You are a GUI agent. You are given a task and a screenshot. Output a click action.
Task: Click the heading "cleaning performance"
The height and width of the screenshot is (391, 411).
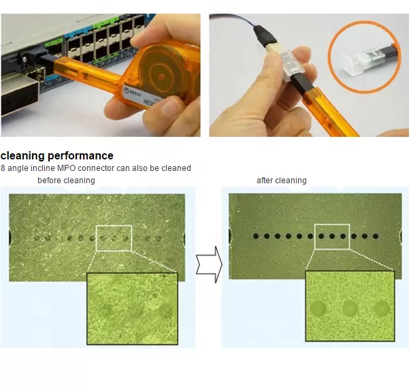click(57, 156)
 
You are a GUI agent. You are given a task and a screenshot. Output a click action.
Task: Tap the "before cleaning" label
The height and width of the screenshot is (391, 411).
click(66, 181)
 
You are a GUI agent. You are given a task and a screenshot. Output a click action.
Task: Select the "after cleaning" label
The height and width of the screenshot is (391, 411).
click(281, 181)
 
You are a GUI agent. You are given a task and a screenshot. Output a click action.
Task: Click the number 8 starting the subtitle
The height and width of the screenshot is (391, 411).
click(3, 168)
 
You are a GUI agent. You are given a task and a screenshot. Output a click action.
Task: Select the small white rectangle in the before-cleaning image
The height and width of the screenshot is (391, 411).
click(114, 238)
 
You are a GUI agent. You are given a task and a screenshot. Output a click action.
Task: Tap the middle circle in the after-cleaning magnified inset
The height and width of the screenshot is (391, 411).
click(350, 309)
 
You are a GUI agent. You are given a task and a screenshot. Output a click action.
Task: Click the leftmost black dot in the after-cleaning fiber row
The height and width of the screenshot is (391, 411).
click(257, 236)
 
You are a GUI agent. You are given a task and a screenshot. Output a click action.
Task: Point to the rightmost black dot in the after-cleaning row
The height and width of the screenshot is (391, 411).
click(385, 236)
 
